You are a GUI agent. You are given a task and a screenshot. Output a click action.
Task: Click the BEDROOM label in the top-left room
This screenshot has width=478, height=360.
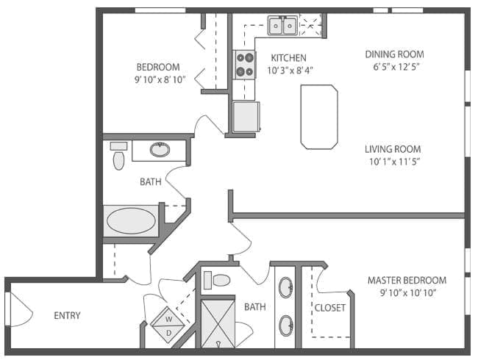coord(157,67)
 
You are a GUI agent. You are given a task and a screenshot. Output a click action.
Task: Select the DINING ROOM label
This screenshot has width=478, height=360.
coord(394,54)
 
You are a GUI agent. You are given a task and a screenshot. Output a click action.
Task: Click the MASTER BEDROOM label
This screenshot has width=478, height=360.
coord(407,281)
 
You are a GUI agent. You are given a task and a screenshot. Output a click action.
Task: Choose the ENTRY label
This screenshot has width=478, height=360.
coord(67,316)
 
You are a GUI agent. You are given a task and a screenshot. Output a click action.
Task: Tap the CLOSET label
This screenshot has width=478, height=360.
coord(330,308)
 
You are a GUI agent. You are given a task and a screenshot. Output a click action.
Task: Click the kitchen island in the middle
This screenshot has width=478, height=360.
coord(318,117)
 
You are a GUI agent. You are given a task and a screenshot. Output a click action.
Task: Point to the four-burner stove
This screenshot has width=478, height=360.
coord(244,65)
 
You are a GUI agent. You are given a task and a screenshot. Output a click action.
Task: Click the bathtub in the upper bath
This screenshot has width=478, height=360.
coord(132,220)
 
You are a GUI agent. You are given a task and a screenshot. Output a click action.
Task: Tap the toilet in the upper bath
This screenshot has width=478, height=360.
coord(118,156)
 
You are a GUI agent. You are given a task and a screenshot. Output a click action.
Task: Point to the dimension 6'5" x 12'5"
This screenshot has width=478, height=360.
coord(394,67)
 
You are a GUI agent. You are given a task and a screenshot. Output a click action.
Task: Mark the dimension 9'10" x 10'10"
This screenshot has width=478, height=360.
coord(407,293)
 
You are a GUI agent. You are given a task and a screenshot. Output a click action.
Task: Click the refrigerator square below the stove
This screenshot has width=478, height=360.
coord(246,116)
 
